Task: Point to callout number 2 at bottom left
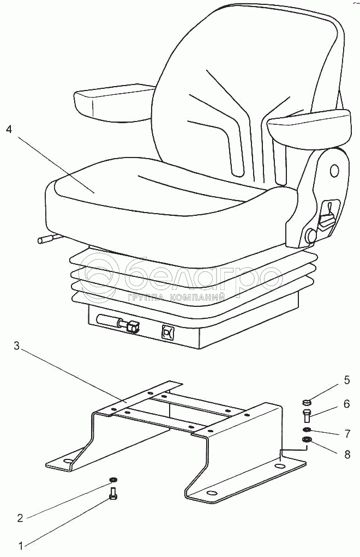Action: coord(20,518)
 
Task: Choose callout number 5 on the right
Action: coord(346,380)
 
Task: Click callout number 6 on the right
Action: coord(346,404)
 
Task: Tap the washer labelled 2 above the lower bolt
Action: coord(113,480)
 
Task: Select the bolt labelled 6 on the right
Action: coord(307,417)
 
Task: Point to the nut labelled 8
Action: coord(307,440)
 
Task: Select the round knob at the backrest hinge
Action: coord(312,235)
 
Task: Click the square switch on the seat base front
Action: coord(167,331)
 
